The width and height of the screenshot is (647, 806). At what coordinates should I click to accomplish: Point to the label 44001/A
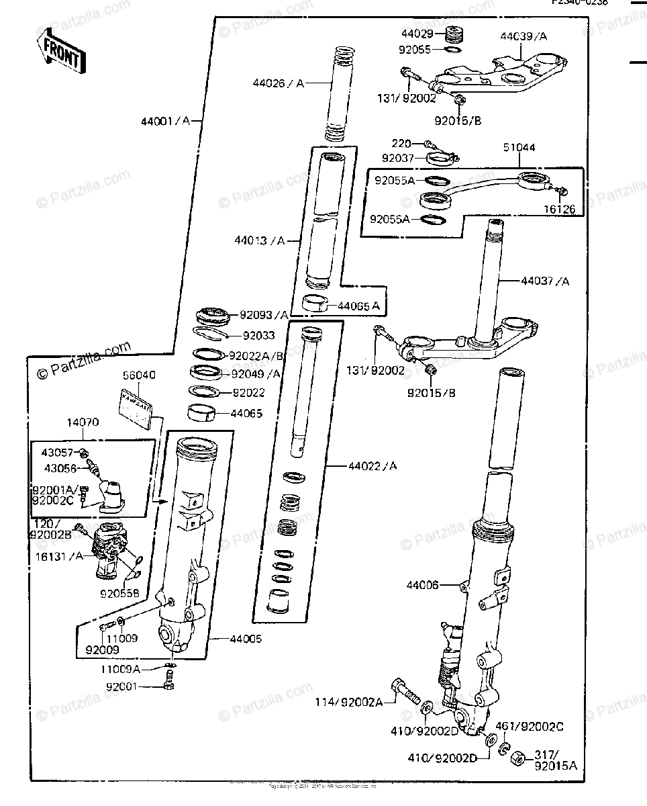(x=165, y=122)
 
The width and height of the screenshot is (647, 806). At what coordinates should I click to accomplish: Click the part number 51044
(x=519, y=147)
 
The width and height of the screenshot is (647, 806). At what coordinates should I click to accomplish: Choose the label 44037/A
(x=544, y=281)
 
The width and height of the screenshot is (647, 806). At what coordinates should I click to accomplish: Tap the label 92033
(x=258, y=334)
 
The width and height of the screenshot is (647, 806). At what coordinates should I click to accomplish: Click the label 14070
(x=83, y=423)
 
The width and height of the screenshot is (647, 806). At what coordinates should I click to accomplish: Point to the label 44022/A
(x=372, y=465)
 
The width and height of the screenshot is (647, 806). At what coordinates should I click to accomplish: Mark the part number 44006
(x=422, y=586)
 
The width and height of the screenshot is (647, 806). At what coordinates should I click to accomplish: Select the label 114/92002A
(x=349, y=702)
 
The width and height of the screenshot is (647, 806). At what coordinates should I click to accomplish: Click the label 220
(x=402, y=143)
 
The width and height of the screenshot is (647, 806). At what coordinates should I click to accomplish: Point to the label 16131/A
(x=58, y=557)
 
